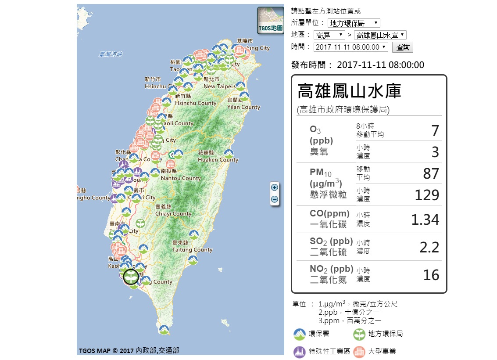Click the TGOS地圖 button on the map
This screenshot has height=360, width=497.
click(x=270, y=21)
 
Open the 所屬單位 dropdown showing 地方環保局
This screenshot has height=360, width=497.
click(x=354, y=23)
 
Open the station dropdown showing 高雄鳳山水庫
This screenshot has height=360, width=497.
click(x=380, y=35)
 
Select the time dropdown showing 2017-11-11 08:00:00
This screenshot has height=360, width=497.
click(x=351, y=47)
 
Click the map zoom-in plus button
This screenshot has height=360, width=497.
click(x=275, y=187)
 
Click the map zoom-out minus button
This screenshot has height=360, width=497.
click(x=275, y=199)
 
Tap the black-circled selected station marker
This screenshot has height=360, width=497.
click(x=131, y=277)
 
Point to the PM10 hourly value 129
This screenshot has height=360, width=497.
click(x=427, y=195)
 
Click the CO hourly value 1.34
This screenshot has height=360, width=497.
click(x=425, y=220)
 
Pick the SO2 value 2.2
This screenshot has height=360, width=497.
click(x=429, y=247)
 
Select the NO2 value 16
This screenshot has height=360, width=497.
click(x=431, y=275)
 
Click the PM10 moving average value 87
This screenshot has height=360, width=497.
click(x=431, y=173)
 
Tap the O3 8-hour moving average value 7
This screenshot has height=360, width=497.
click(x=435, y=130)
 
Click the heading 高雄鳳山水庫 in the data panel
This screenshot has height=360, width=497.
click(x=349, y=91)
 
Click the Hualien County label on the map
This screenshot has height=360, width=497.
click(x=218, y=160)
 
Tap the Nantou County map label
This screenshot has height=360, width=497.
click(x=181, y=178)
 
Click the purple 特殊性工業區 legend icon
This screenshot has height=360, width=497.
click(x=300, y=352)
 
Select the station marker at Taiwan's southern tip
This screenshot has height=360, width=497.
click(x=164, y=329)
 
